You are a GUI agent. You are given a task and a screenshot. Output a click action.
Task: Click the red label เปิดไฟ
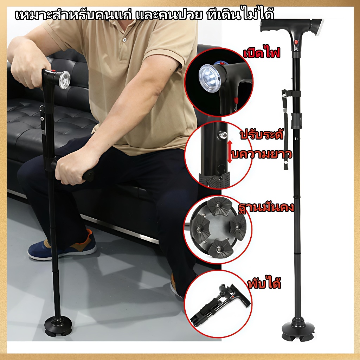click(x=262, y=54)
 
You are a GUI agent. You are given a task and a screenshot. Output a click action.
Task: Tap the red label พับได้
click(x=264, y=284)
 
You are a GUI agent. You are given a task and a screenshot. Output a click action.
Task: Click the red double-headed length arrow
click(x=230, y=152)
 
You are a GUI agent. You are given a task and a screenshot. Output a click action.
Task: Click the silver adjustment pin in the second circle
click(x=223, y=135)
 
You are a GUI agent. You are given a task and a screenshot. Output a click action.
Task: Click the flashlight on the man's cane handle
click(x=64, y=80)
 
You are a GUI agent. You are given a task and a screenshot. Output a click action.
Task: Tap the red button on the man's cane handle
click(x=53, y=71)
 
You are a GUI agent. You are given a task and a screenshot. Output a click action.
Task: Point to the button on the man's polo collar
click(x=125, y=40)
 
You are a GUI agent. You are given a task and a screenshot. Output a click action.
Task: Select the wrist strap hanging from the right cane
click(x=285, y=129)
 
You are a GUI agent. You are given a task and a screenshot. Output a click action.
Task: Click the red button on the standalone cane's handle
click(x=296, y=42)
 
